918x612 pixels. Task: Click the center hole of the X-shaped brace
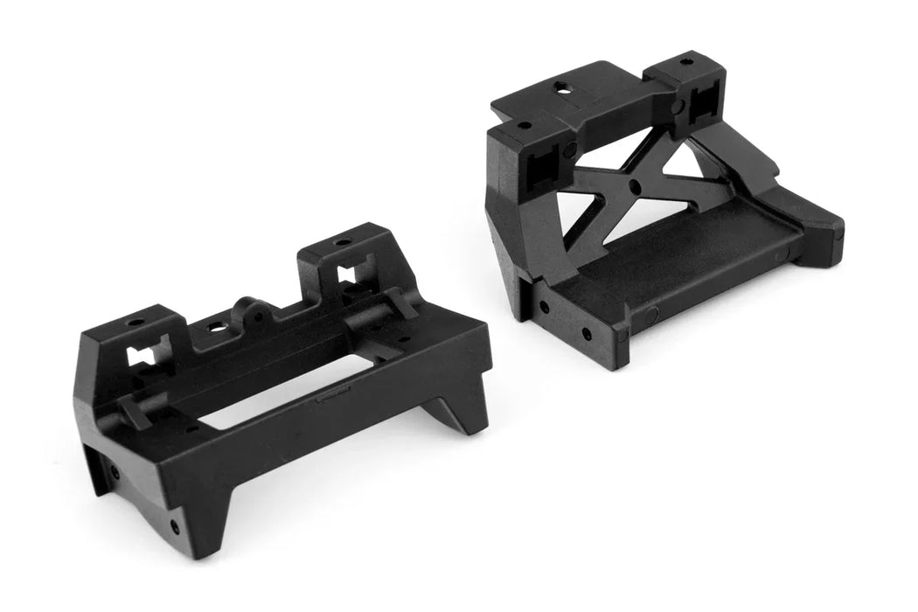click(632, 186)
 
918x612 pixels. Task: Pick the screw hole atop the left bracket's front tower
click(135, 323)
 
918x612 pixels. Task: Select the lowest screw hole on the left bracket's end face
click(175, 526)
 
